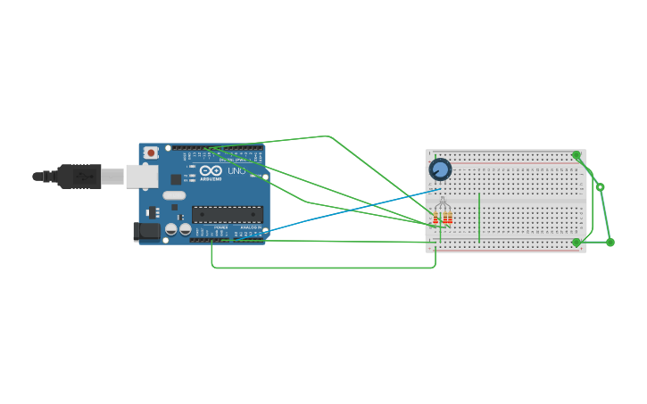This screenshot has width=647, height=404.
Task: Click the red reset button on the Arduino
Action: click(x=151, y=153)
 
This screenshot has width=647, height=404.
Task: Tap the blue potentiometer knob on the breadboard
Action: click(x=440, y=169)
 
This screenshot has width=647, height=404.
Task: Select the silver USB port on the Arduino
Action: click(x=141, y=177)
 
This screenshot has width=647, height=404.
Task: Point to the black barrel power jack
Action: click(x=146, y=232)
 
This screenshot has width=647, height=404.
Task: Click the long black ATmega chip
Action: click(x=228, y=214)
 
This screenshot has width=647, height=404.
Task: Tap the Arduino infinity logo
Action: click(x=211, y=171)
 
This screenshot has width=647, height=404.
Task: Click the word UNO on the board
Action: click(x=236, y=171)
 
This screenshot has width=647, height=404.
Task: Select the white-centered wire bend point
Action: click(x=601, y=187)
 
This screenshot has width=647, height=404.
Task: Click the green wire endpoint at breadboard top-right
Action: click(x=576, y=155)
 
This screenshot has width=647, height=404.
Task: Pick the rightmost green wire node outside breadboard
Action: click(x=610, y=242)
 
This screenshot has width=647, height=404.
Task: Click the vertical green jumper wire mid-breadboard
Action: click(x=479, y=217)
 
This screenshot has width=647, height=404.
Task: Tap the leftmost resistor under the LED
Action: click(x=435, y=219)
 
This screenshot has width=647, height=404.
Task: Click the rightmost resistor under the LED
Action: click(x=450, y=218)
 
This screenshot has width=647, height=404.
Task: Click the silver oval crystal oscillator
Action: click(x=174, y=195)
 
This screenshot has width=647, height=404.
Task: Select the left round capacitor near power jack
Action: click(x=170, y=229)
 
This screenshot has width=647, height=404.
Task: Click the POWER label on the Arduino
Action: click(x=220, y=227)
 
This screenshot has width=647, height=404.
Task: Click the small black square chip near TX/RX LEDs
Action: click(x=176, y=179)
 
